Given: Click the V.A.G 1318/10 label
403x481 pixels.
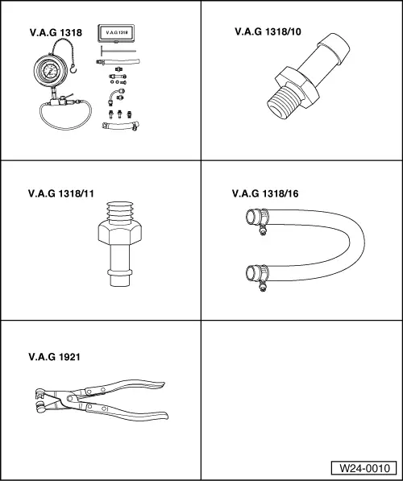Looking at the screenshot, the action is (268, 31).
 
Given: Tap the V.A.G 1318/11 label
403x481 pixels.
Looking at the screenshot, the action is (60, 193).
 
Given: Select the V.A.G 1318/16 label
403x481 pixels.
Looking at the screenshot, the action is (265, 193).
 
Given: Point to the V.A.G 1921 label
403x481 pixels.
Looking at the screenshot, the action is (54, 357).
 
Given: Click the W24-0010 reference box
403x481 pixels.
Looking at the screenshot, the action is (364, 468).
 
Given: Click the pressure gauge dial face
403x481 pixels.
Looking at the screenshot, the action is (50, 72).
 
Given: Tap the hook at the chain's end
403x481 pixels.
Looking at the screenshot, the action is (73, 69).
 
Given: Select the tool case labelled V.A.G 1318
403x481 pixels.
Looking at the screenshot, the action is (116, 33).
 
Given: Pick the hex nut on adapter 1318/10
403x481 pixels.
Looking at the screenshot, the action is (297, 87).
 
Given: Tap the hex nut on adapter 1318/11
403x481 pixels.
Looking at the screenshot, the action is (120, 234).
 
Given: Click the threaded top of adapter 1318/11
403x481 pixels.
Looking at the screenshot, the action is (120, 213).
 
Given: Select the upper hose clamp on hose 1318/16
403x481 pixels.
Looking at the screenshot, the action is (261, 219).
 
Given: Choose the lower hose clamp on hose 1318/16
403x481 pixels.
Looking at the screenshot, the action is (261, 276).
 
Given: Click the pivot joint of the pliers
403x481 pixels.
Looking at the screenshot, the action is (70, 398).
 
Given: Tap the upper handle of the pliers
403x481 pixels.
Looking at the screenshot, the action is (123, 387).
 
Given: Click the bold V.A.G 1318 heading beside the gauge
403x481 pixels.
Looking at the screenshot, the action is (56, 32).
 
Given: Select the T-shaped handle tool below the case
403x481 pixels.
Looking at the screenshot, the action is (118, 51).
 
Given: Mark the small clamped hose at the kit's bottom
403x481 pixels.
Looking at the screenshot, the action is (120, 126).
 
